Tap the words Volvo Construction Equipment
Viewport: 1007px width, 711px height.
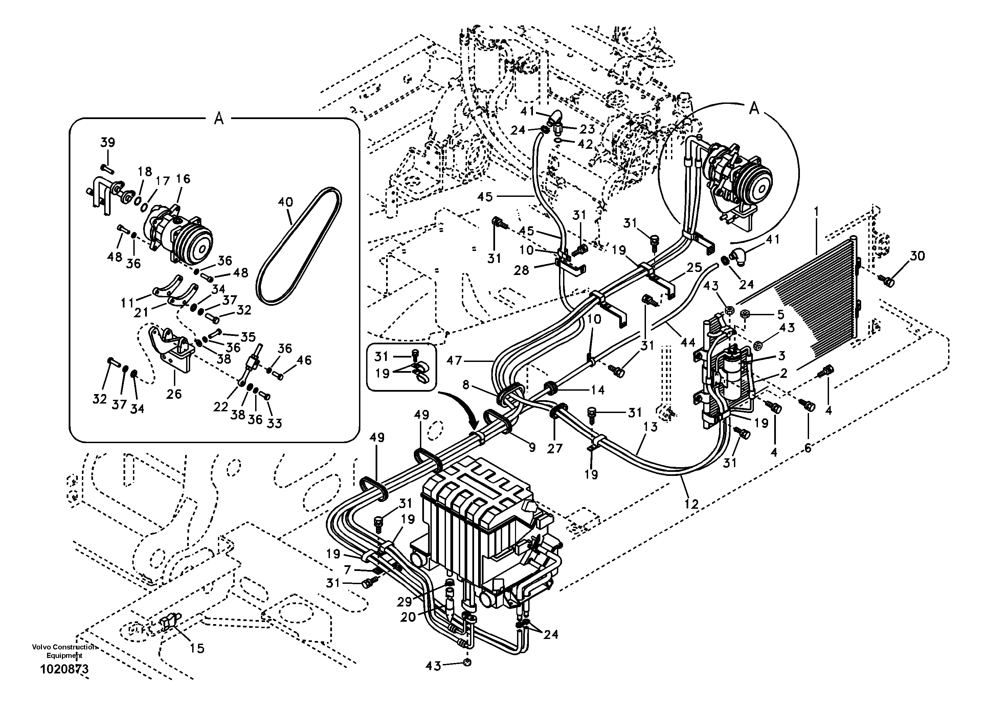[64, 651]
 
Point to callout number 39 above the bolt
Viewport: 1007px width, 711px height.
[108, 142]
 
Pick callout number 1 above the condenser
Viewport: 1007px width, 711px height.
[816, 212]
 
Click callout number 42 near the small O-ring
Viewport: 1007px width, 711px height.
[585, 144]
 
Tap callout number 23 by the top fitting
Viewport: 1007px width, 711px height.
[587, 129]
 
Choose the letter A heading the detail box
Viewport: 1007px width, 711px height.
[218, 118]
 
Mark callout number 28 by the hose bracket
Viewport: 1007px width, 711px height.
[521, 271]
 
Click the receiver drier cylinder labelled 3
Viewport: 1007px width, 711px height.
[735, 383]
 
